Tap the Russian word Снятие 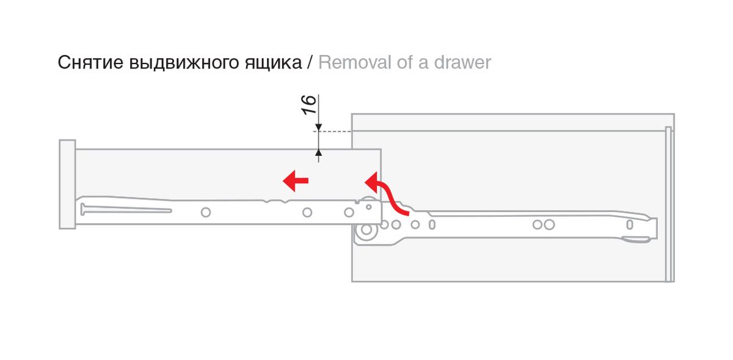(91, 62)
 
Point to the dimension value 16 (310, 105)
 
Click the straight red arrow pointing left (296, 180)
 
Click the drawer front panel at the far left (67, 184)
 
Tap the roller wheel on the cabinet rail (366, 231)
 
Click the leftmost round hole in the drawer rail (205, 212)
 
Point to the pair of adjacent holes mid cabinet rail (543, 224)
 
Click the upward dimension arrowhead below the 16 (318, 152)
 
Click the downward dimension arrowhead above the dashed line (318, 127)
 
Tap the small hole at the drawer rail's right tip (369, 207)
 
